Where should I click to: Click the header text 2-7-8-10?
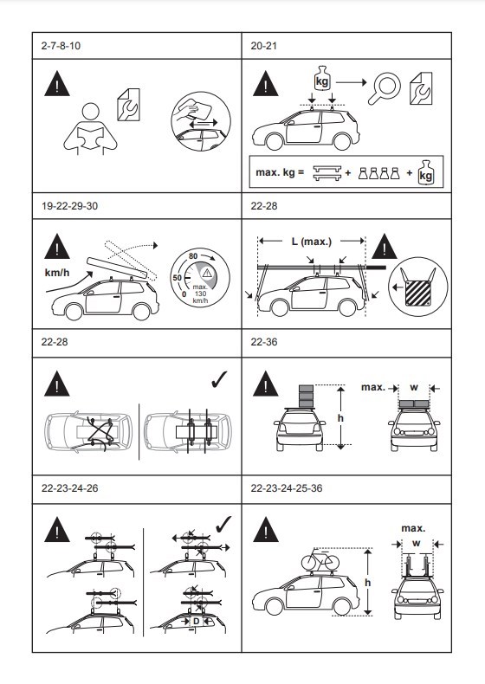61,46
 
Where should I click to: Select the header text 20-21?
263,46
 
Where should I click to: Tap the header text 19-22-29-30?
69,206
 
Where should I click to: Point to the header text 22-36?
263,341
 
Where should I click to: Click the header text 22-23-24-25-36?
287,488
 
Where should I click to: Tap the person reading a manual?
91,129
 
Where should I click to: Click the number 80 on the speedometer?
193,256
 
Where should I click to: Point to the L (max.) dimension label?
311,242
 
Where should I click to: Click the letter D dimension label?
196,621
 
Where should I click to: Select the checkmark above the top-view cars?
219,379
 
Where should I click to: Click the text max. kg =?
280,172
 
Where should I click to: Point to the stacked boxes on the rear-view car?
306,396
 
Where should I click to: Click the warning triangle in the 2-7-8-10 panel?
57,85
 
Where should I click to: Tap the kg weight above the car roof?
322,79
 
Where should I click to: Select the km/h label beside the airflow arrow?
57,273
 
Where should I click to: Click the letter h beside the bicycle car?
367,583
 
